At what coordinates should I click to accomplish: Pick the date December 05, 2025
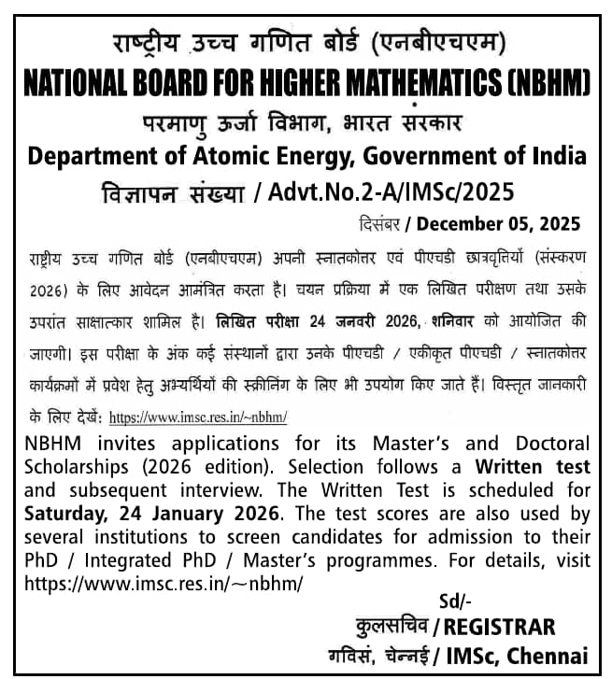pyautogui.click(x=498, y=224)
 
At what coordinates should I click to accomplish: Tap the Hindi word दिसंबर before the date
pyautogui.click(x=383, y=224)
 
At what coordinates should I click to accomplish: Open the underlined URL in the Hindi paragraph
pyautogui.click(x=197, y=417)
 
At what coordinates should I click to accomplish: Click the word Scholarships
pyautogui.click(x=78, y=465)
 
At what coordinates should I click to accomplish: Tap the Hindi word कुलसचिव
pyautogui.click(x=391, y=626)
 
